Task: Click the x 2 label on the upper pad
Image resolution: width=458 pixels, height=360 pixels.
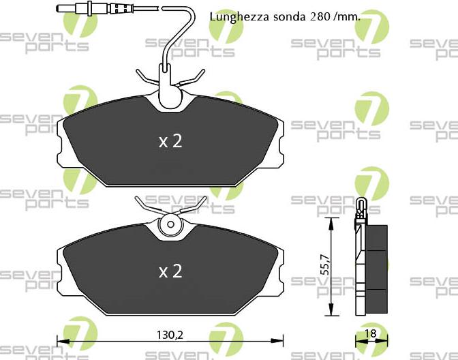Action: coord(170,141)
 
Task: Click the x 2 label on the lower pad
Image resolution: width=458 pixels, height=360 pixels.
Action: coord(170,271)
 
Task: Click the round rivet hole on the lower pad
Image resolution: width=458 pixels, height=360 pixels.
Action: coord(170,224)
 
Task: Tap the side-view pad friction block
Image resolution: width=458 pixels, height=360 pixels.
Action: coord(377,267)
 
